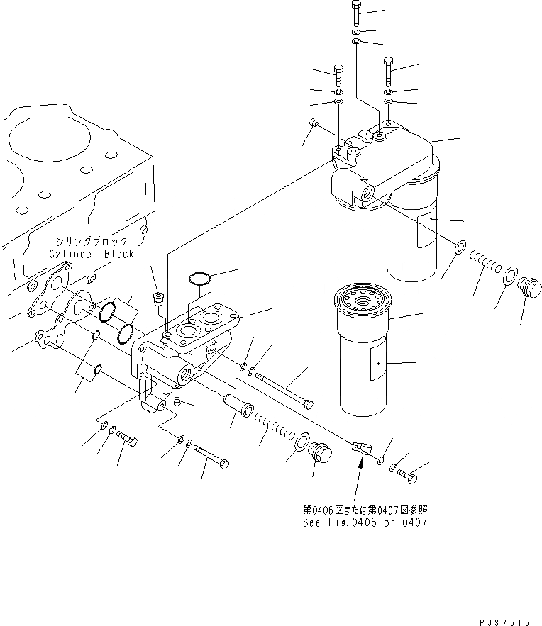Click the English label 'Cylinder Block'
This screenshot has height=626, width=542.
pos(92,253)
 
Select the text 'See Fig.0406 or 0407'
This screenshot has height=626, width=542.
pos(365,522)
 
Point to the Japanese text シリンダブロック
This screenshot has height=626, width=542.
pos(92,242)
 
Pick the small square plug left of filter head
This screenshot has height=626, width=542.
pos(315,125)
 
